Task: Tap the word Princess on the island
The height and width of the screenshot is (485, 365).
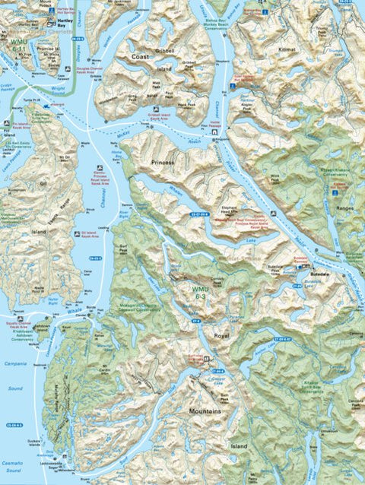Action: tap(162, 162)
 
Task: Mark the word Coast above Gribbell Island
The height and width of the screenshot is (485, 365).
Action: tap(140, 56)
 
